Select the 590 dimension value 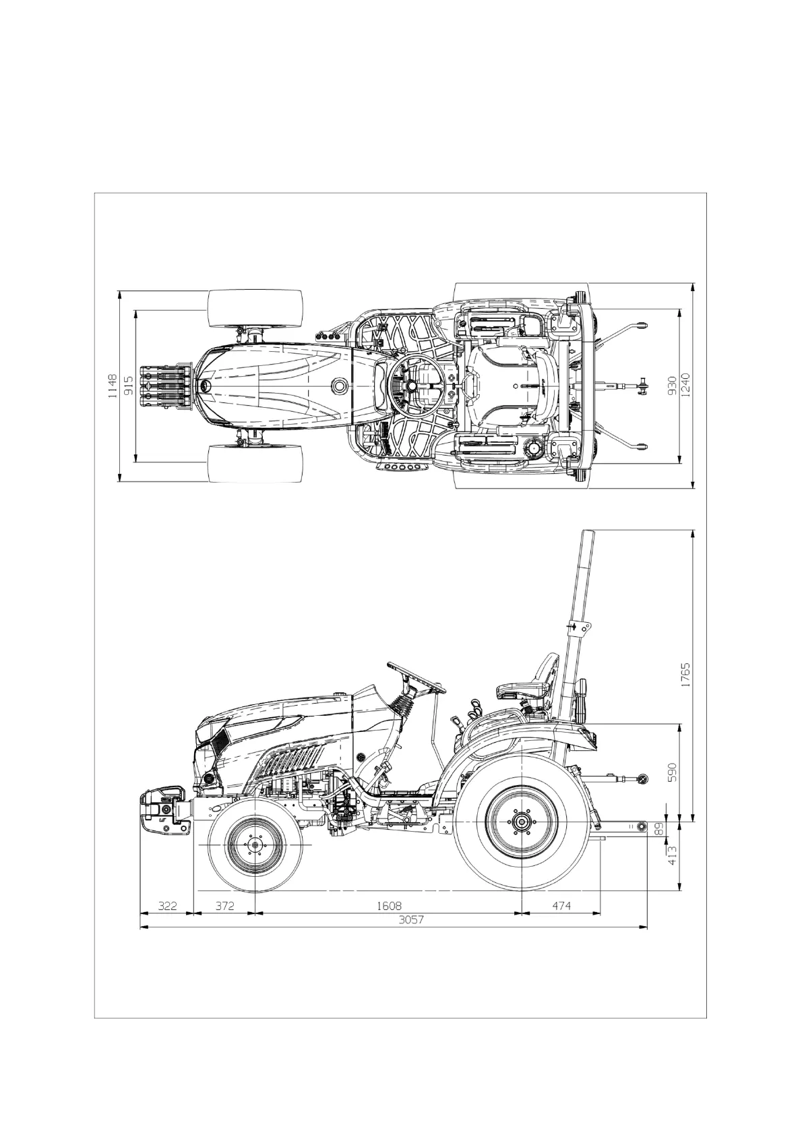click(x=673, y=772)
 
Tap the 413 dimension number click(x=673, y=855)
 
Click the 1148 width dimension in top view click(x=113, y=386)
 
